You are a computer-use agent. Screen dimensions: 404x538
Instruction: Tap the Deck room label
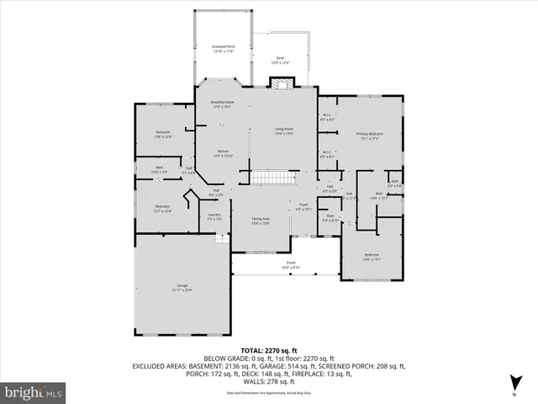[280, 60]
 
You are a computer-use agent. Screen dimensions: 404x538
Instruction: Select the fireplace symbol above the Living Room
[282, 82]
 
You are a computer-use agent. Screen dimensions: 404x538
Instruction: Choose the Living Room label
[283, 130]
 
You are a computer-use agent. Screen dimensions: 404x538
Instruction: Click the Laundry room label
[214, 217]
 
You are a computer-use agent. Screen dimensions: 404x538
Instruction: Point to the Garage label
[182, 288]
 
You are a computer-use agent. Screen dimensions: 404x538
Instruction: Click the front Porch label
[291, 266]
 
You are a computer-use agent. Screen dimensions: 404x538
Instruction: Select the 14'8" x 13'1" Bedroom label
[372, 257]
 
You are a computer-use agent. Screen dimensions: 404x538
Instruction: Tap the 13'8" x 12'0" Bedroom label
[163, 134]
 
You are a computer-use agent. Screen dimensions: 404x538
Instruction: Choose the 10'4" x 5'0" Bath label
[160, 169]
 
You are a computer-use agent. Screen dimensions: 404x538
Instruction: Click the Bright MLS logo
[34, 391]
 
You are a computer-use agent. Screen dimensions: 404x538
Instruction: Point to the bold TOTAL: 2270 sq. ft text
[269, 350]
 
